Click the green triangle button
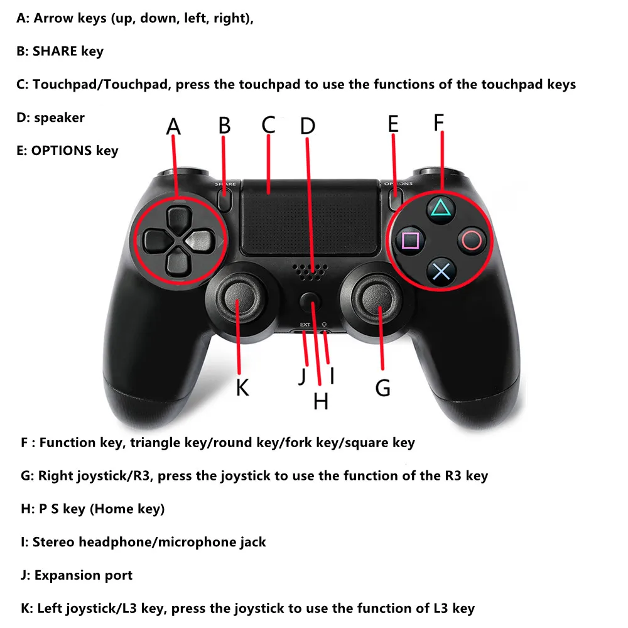tap(441, 207)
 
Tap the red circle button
tap(472, 239)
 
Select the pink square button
tap(411, 240)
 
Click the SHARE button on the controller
tap(225, 198)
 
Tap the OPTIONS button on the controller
tap(395, 198)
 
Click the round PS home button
tap(308, 302)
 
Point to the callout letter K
tap(242, 387)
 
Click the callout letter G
tap(383, 388)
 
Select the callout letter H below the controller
tap(320, 401)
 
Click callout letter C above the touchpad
tap(269, 124)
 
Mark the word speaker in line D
tap(59, 117)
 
